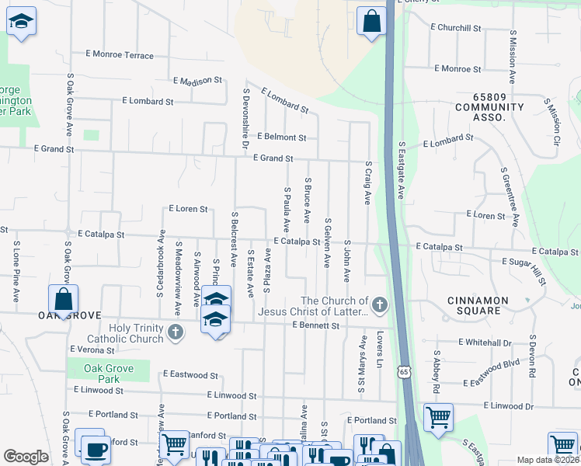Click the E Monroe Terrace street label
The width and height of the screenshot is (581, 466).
[x=120, y=55]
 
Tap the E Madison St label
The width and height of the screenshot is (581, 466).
[x=198, y=80]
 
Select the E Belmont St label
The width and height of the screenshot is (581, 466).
[x=281, y=137]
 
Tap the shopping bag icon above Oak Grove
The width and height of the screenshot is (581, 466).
[x=63, y=299]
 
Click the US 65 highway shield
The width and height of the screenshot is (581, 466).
[x=403, y=373]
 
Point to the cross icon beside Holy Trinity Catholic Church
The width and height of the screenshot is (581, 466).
[x=176, y=333]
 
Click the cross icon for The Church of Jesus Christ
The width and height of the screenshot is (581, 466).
[x=379, y=304]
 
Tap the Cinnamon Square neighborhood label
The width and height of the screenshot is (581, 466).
[x=478, y=305]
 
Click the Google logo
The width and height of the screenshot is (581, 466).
[x=26, y=457]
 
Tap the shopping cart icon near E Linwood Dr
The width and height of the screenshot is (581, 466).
[x=439, y=416]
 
